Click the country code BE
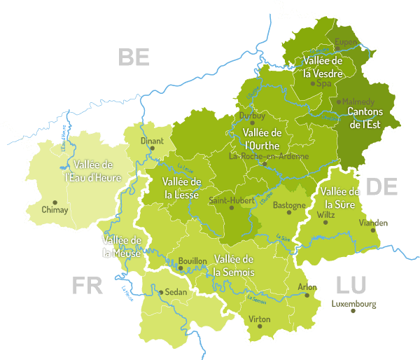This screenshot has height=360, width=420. [134, 57]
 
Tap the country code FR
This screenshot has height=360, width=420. [87, 285]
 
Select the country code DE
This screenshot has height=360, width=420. [382, 187]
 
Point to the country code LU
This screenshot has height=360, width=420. [351, 284]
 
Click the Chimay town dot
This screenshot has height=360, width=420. [55, 202]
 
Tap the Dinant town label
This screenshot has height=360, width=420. [152, 141]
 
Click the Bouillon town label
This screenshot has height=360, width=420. [192, 261]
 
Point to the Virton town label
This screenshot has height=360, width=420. [260, 319]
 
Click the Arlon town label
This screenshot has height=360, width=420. [307, 287]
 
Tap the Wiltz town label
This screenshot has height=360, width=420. [326, 215]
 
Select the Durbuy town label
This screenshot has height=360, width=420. [253, 116]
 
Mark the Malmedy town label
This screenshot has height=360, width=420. [358, 102]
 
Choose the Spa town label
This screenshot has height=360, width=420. [324, 83]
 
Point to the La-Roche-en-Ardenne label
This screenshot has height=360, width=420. [269, 156]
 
